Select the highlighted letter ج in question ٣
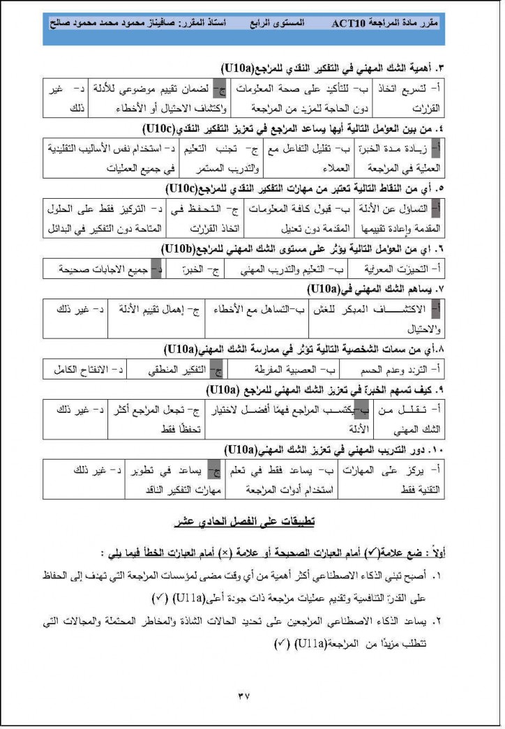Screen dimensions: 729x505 [222, 90]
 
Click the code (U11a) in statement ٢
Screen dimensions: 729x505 [306, 642]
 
